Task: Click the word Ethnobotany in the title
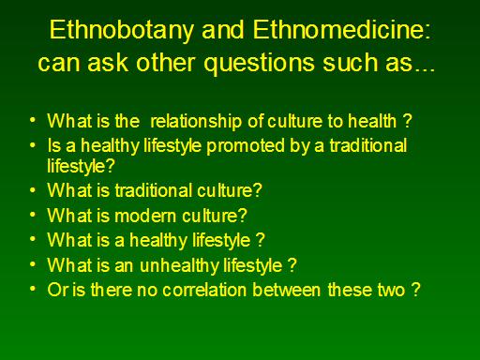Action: coord(122,31)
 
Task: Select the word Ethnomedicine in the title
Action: coord(338,30)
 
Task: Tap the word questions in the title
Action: coord(260,64)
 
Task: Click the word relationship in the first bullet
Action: coord(196,122)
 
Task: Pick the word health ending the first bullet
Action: coord(372,121)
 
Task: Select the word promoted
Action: coord(246,146)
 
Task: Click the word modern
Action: coord(145,216)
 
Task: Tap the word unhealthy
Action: coord(179,266)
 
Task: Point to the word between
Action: coord(287,290)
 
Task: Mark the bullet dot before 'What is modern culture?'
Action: coord(33,215)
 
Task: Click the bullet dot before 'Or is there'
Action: coord(33,289)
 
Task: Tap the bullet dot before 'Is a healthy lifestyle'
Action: coord(33,144)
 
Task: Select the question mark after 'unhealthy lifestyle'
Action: coord(292,264)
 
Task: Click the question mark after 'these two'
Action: coord(415,290)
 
